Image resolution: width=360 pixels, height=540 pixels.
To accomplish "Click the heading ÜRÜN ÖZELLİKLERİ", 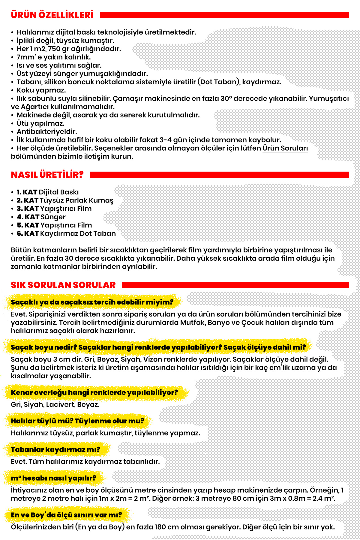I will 52,15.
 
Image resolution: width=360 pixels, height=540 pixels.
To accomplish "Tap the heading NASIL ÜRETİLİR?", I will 47,175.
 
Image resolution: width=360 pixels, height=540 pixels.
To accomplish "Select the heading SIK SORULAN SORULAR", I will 63,285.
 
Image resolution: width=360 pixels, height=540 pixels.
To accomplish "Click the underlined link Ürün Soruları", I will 285,148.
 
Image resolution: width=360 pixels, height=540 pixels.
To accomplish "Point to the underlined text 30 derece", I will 82,258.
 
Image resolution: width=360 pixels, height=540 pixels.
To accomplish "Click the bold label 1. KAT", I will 27,192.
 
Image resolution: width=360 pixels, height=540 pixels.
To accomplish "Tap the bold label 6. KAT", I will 28,233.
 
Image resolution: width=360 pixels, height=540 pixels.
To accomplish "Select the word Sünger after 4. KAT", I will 53,217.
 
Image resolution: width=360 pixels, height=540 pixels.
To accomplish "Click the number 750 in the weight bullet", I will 54,49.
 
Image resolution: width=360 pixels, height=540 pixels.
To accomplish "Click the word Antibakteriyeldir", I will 47,131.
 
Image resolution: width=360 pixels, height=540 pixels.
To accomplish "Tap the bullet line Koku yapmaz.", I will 41,90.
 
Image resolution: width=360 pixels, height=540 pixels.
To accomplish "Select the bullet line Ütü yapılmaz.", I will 40,123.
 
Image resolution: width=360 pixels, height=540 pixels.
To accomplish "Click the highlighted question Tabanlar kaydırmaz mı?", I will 55,449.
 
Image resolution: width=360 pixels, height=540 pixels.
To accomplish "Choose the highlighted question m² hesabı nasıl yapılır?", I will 53,478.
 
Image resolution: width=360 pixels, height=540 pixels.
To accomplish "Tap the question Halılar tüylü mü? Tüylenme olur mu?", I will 77,421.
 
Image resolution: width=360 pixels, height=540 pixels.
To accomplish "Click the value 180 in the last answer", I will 160,527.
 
